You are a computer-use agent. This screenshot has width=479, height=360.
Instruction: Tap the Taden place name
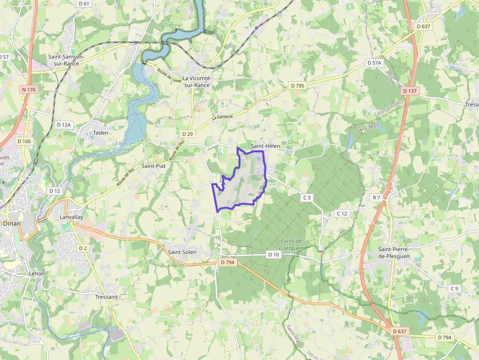coord(100,133)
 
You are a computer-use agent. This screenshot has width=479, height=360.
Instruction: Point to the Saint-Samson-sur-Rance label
coord(66,60)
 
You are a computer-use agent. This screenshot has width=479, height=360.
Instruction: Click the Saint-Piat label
coord(153,166)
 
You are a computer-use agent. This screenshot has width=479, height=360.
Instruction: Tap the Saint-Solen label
coord(182,252)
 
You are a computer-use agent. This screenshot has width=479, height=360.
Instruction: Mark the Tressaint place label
coord(107,296)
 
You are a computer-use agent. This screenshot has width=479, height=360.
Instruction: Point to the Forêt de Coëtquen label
coord(293,245)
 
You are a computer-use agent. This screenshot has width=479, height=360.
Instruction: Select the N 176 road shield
coord(29,89)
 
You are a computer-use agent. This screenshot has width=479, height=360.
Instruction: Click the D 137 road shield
coord(410,91)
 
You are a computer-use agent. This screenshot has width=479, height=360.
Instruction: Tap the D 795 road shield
coord(297,85)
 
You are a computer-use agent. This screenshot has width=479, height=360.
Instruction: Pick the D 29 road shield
coord(188,134)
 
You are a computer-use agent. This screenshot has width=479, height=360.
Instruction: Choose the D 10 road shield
coord(274,254)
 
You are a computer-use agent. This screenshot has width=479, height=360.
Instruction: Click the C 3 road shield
coord(306,198)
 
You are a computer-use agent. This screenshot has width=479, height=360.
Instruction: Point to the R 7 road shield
coord(376,198)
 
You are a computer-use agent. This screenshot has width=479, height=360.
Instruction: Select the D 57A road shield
coord(374,63)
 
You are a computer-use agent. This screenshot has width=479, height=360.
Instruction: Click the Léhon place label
coord(37,274)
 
